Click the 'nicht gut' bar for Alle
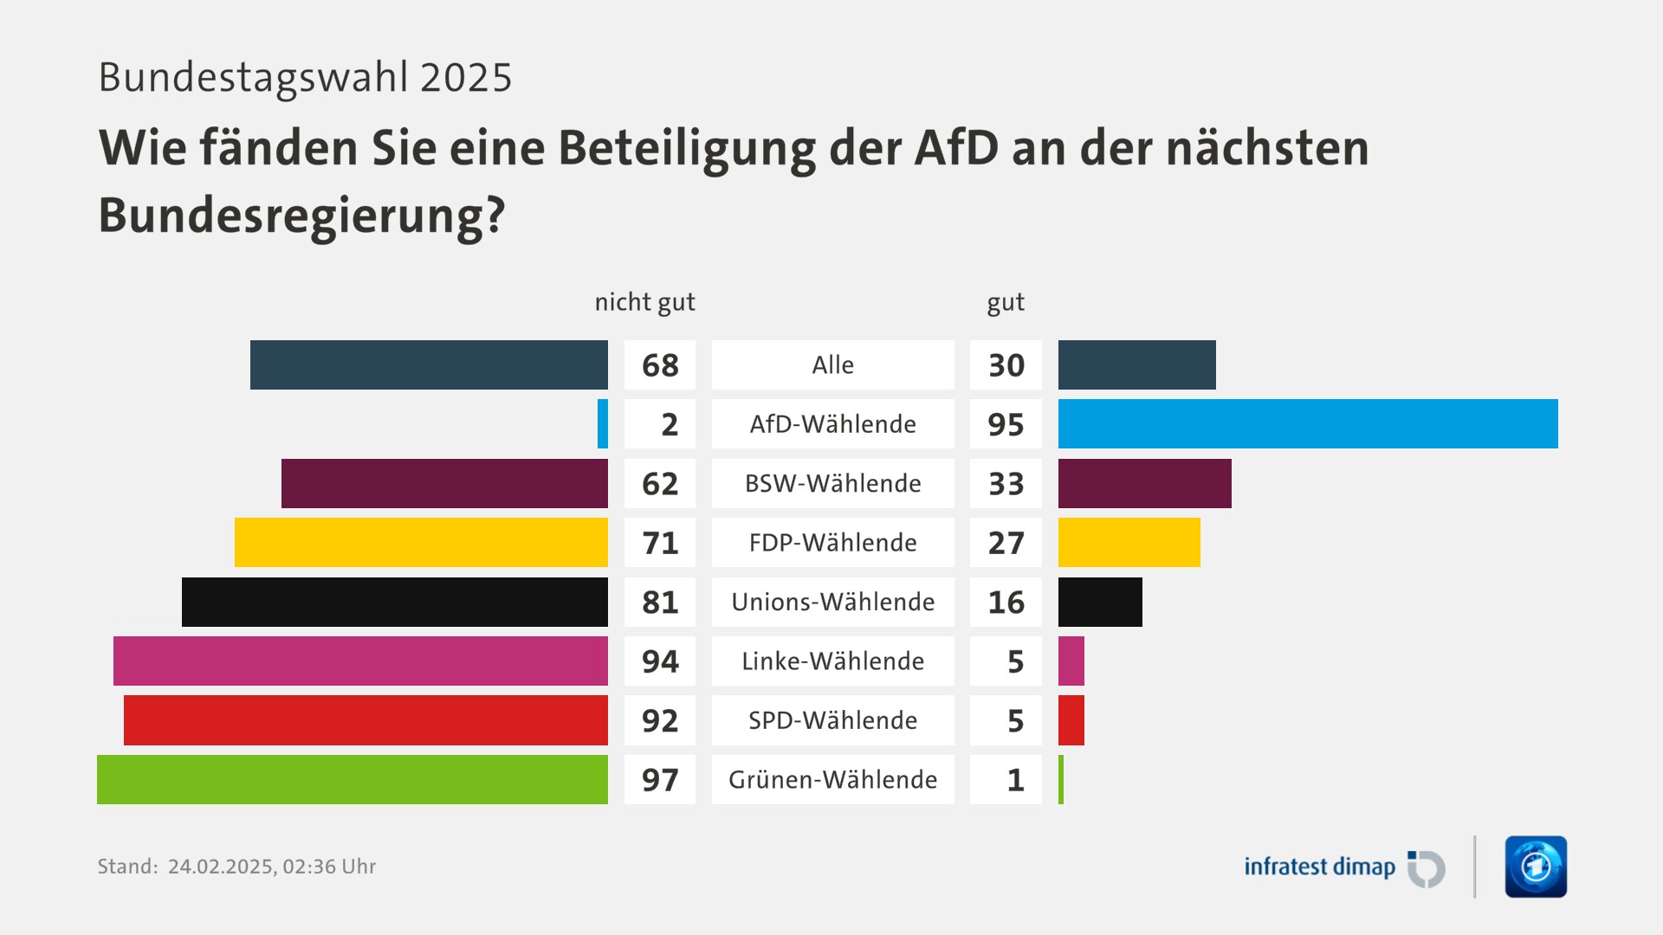tap(429, 364)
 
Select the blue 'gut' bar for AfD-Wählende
tap(1308, 424)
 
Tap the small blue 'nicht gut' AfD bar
tap(603, 424)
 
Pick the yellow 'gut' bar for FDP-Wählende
tap(1129, 543)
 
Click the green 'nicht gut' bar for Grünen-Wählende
tap(353, 779)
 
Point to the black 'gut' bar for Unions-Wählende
tap(1100, 602)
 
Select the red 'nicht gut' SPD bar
tap(366, 720)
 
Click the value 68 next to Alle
tap(660, 365)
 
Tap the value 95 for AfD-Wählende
tap(1006, 424)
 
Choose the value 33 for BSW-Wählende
tap(1006, 483)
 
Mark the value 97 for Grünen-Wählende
tap(660, 779)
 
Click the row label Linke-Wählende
tap(832, 661)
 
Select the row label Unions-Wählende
tap(832, 602)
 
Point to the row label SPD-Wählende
tap(832, 720)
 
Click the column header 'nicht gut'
tap(644, 302)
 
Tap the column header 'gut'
tap(1006, 302)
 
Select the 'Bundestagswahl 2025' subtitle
tap(305, 77)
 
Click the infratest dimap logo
tap(1343, 867)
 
